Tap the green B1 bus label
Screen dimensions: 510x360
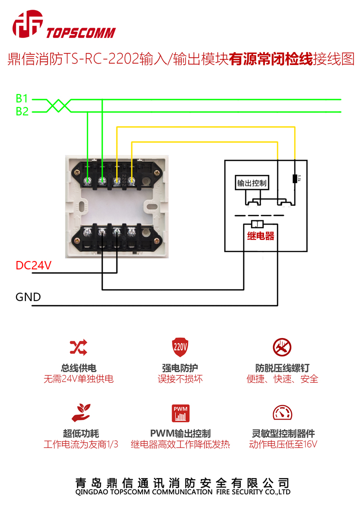[x=22, y=98]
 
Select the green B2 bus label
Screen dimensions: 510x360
[x=22, y=111]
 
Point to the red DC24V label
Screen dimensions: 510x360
[x=33, y=266]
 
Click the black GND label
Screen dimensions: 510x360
[x=28, y=297]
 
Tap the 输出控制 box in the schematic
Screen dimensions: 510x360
[x=252, y=183]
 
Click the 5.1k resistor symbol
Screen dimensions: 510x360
[x=295, y=178]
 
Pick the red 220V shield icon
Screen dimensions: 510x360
[x=180, y=347]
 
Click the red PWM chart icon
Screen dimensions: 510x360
[x=180, y=413]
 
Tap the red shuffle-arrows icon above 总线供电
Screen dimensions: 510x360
[x=78, y=347]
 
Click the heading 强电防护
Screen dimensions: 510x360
[x=180, y=368]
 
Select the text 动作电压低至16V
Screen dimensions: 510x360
[x=282, y=445]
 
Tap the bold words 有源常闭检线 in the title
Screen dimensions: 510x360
[x=271, y=59]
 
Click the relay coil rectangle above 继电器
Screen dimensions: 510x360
[x=257, y=225]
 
